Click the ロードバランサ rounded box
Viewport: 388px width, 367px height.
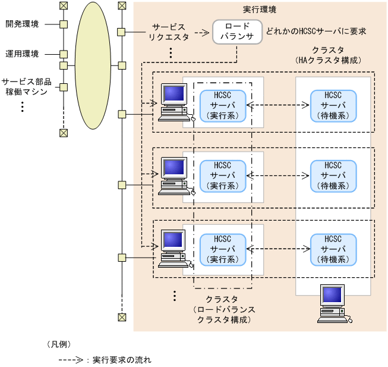(x=237, y=32)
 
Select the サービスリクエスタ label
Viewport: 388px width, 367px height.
(x=170, y=32)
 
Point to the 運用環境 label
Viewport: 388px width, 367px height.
(x=23, y=54)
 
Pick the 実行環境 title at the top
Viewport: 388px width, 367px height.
(x=260, y=10)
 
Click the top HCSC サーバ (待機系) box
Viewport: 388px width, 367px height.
(x=333, y=105)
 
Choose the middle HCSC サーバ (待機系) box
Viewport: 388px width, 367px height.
(x=333, y=175)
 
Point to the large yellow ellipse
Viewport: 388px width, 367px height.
(x=92, y=65)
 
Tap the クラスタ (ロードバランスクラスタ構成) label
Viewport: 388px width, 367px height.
(x=222, y=309)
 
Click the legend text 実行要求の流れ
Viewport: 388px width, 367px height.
(x=122, y=360)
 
